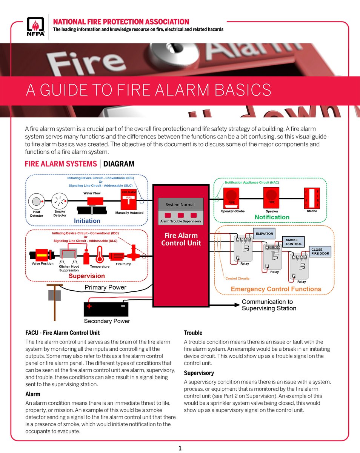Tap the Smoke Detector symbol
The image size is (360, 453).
[x=59, y=201]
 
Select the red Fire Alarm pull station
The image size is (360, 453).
[x=129, y=200]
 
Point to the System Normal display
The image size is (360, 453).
[x=180, y=205]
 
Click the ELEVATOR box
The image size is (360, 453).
[x=264, y=234]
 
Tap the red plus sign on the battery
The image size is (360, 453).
[x=89, y=306]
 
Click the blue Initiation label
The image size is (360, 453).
[x=87, y=221]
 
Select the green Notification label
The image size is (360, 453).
[x=272, y=217]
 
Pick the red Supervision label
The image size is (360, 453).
[x=86, y=276]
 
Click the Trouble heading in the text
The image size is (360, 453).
[x=193, y=333]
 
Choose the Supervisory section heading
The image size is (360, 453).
[x=199, y=373]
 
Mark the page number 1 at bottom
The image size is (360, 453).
[x=180, y=448]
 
